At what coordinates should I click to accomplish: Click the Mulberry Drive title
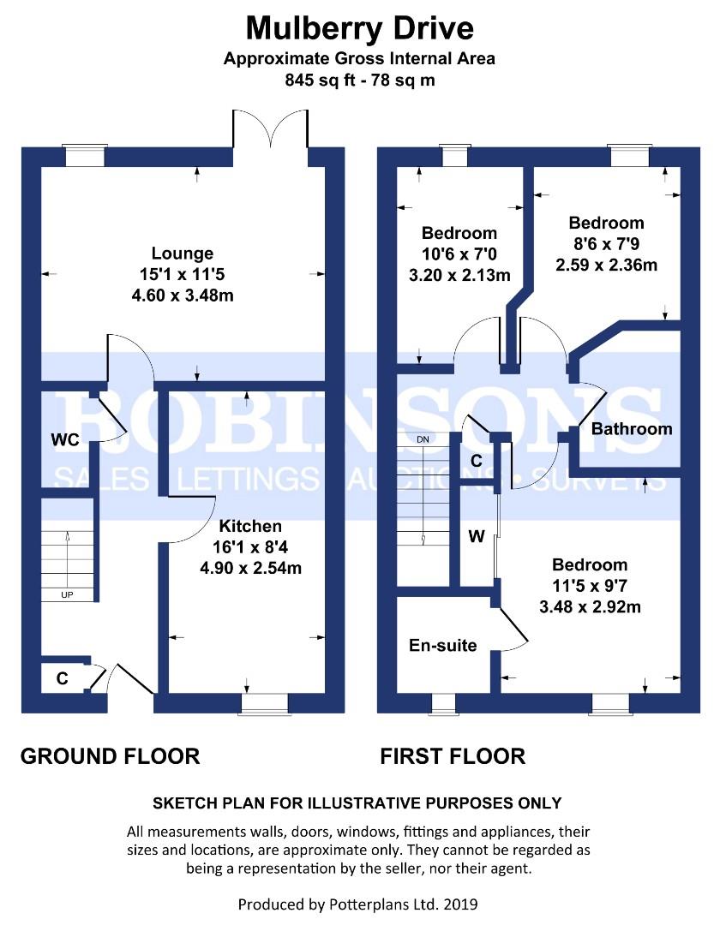359,29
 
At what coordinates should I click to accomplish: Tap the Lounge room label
183,253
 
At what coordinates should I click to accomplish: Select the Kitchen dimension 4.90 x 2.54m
251,568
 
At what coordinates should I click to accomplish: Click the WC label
65,439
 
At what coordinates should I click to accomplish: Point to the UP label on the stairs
67,594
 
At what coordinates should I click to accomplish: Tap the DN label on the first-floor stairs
423,439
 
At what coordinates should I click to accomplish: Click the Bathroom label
632,429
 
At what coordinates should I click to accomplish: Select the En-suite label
442,646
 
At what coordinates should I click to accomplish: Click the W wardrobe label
477,536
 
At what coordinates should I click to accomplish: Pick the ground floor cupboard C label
62,678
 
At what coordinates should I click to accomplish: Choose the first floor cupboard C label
477,460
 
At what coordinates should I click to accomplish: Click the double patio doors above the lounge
270,128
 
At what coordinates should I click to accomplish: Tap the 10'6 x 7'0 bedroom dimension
459,254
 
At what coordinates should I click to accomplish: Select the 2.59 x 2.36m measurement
606,265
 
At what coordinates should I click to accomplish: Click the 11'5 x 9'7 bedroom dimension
590,586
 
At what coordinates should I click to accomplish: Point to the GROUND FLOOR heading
111,756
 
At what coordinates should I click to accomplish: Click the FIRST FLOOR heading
453,756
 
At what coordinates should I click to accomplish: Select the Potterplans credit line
357,904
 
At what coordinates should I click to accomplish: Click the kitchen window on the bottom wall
264,704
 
